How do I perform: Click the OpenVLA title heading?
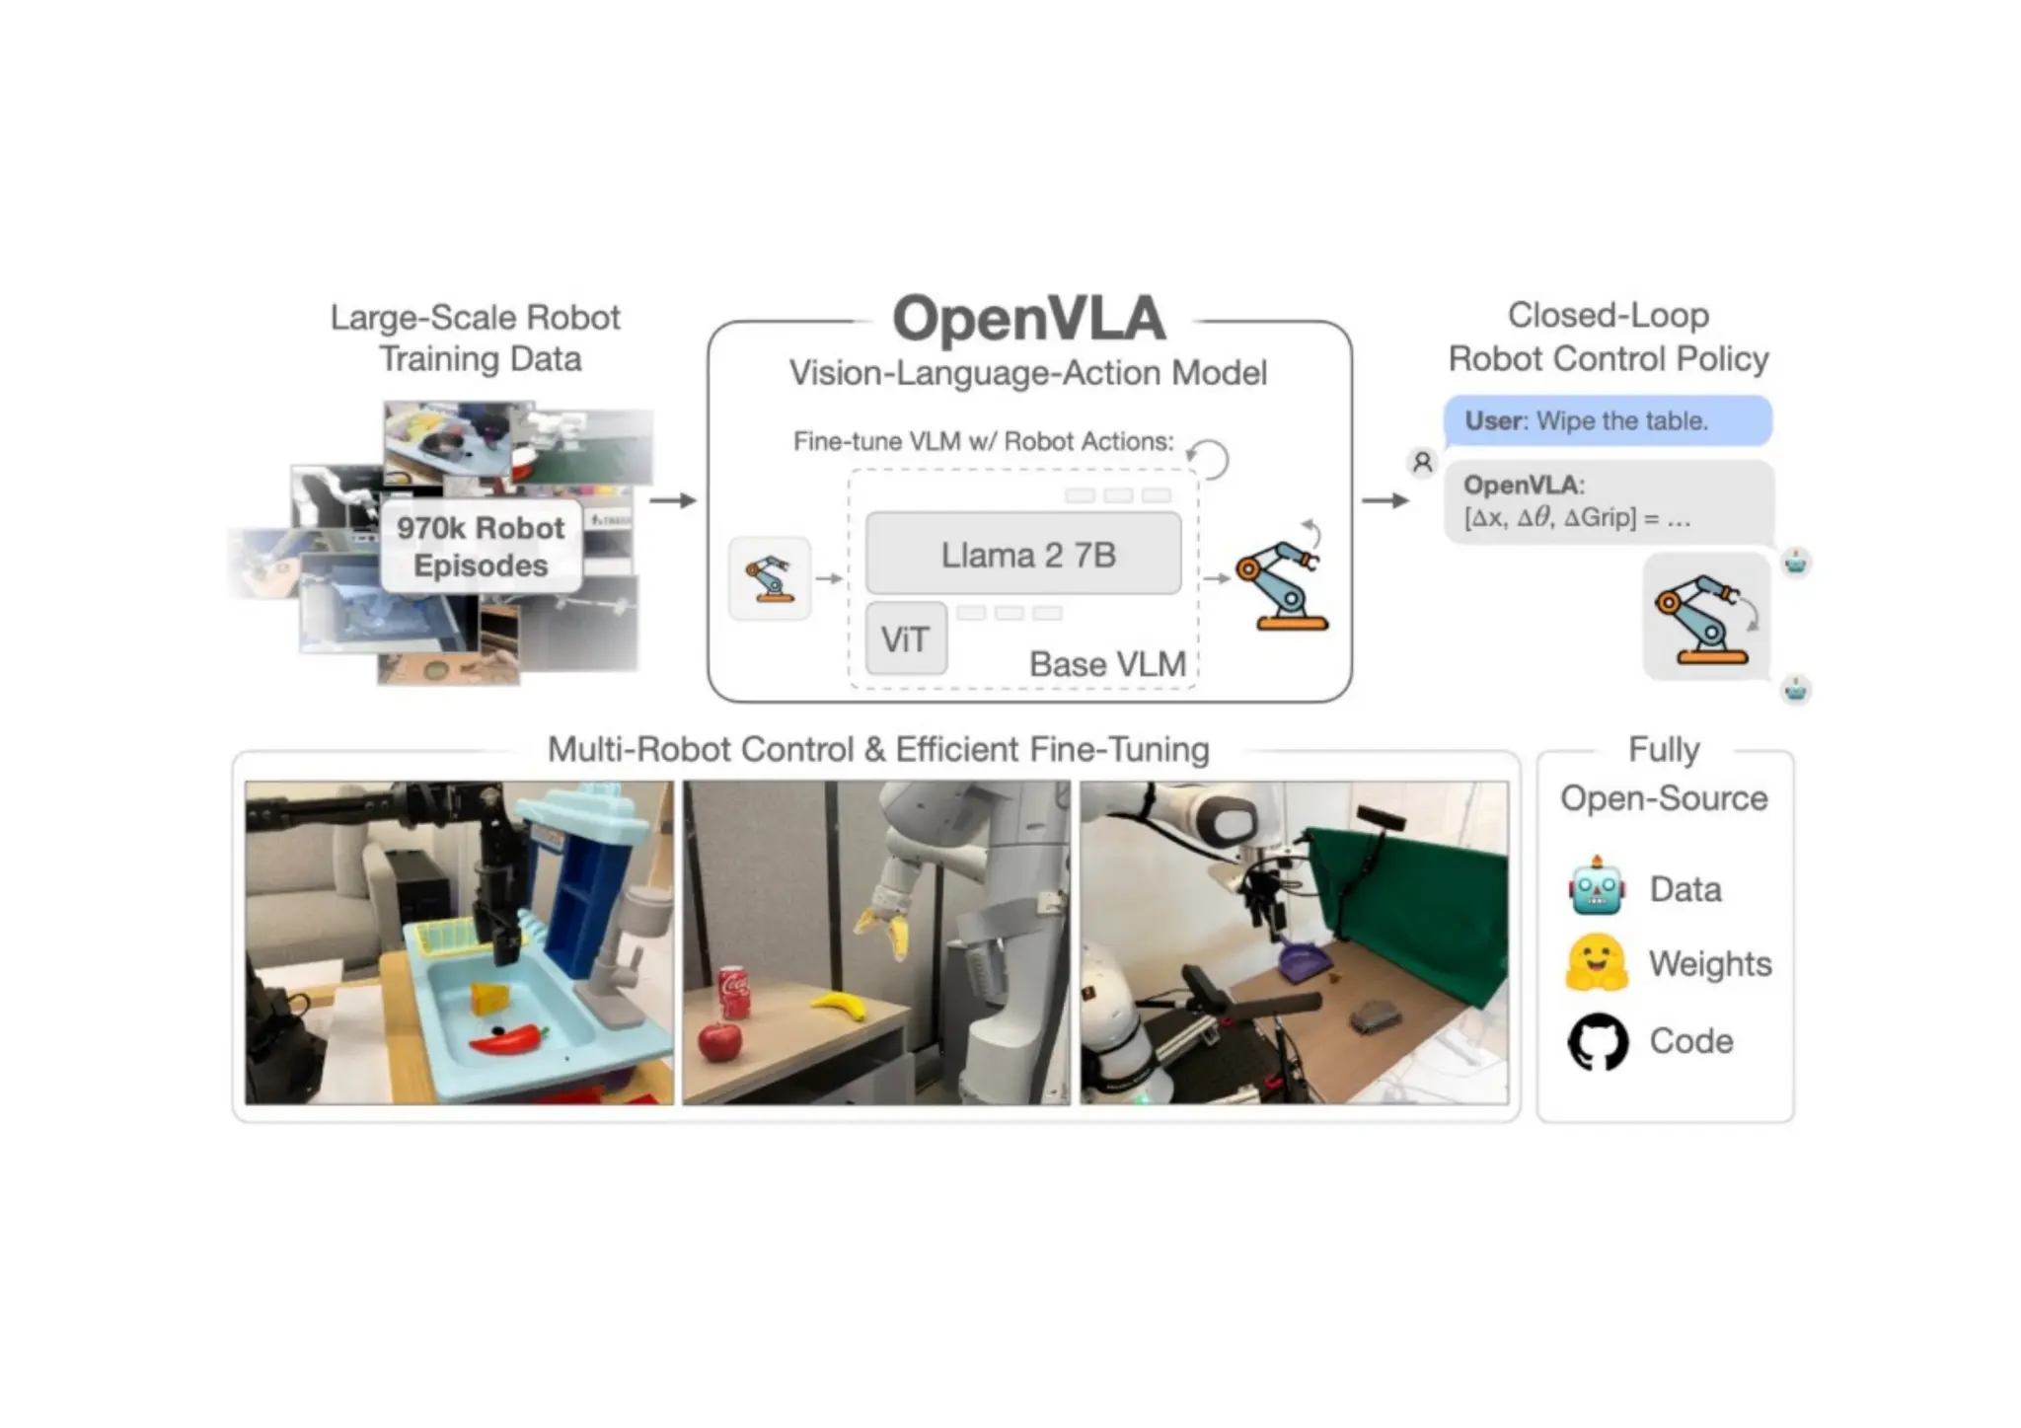click(1028, 319)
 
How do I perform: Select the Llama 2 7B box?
click(1023, 555)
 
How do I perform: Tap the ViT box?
click(905, 639)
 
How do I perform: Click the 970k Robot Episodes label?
click(481, 547)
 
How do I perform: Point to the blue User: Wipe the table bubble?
click(1607, 421)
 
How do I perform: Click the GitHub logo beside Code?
click(1598, 1041)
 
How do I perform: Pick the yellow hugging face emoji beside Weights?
click(1596, 963)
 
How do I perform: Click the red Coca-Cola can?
click(734, 992)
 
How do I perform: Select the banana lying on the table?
click(839, 1007)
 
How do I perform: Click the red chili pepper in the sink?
click(509, 1039)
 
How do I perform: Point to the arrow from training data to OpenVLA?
click(673, 500)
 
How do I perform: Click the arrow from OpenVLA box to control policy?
click(1385, 500)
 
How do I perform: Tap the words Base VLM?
click(1107, 664)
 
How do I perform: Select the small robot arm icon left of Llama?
click(770, 578)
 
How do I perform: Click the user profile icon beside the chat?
click(1422, 462)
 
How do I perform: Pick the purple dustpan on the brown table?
click(1300, 964)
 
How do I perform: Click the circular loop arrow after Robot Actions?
click(1208, 459)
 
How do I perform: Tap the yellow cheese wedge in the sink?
click(489, 998)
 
